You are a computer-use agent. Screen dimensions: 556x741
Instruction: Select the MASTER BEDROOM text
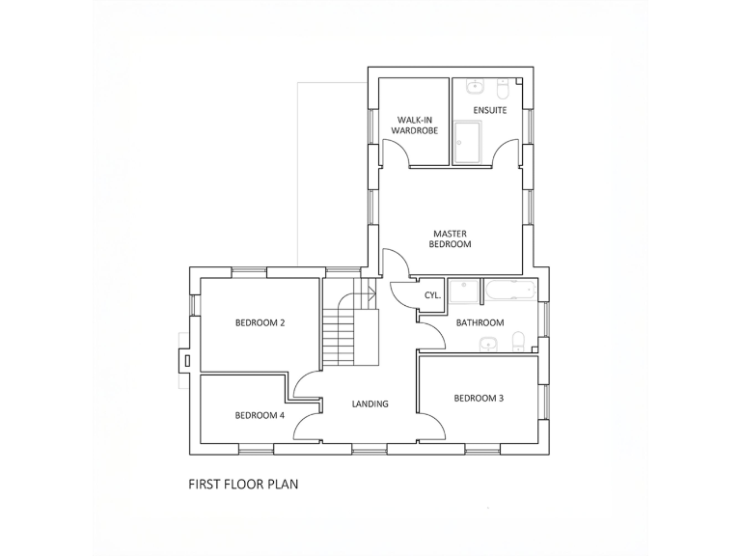coord(452,238)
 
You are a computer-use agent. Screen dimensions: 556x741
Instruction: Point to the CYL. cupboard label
coord(432,295)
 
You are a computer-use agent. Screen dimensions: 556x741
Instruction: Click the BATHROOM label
coord(480,322)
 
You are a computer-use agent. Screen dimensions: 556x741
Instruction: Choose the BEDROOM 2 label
coord(260,322)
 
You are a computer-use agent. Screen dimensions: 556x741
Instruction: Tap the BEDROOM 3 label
coord(479,398)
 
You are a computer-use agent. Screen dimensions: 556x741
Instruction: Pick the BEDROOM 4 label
coord(260,415)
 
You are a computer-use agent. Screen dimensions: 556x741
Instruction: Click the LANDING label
coord(370,403)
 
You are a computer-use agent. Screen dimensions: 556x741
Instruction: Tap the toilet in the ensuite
coord(502,90)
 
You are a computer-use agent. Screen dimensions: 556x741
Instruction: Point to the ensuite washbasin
coord(472,89)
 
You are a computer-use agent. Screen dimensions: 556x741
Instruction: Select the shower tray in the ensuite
coord(467,142)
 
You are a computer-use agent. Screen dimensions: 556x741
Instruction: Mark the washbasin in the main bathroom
coord(490,343)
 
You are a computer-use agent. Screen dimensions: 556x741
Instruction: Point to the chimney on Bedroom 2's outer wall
coord(182,359)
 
